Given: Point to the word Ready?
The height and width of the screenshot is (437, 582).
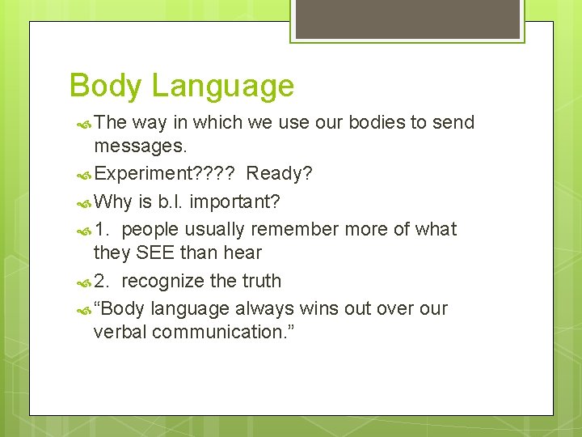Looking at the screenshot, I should click(280, 174).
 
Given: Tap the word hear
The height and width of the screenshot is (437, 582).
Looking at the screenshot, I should click(242, 252).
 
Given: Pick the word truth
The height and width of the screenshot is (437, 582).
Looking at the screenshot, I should click(260, 281).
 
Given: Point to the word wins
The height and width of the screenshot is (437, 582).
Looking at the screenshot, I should click(318, 308).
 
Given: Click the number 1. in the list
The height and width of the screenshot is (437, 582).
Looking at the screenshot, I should click(103, 229).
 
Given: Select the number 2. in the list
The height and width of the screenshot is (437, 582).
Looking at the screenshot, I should click(103, 281).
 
